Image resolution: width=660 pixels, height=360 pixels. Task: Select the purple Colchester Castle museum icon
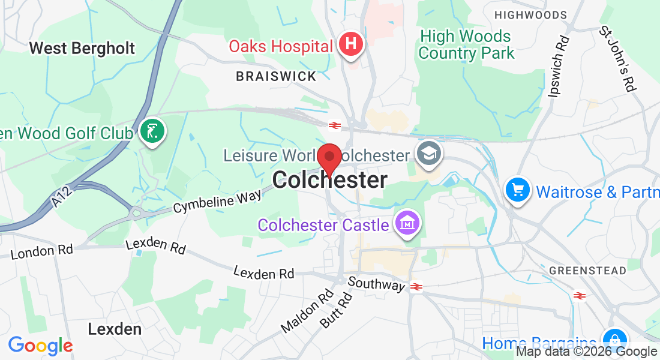point(407,224)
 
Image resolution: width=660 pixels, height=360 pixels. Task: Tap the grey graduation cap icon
point(430,154)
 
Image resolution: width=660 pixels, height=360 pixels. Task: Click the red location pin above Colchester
point(329,158)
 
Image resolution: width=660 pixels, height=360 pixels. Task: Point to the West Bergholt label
point(82,48)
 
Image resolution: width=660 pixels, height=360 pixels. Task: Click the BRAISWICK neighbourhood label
point(276,76)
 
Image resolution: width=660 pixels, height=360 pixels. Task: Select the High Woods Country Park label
point(466,45)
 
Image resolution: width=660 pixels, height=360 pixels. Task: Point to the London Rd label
point(41,251)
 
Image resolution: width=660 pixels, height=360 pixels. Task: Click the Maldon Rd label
point(307,312)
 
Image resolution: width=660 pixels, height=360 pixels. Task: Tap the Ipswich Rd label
point(558,67)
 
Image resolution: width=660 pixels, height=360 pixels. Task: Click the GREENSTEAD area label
point(596,271)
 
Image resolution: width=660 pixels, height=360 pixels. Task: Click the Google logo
point(40,346)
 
